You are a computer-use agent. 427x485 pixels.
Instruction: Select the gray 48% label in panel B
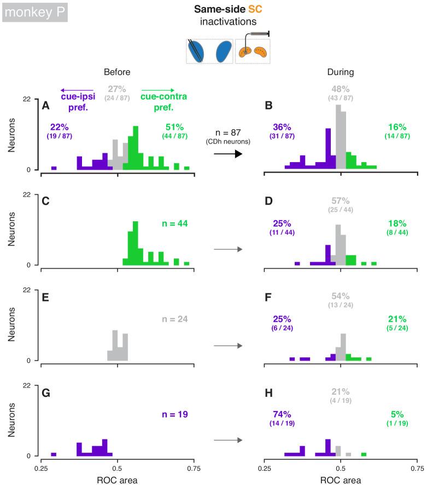click(341, 89)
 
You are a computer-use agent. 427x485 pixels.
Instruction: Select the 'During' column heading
click(341, 72)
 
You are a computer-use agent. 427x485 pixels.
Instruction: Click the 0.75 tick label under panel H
click(417, 469)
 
